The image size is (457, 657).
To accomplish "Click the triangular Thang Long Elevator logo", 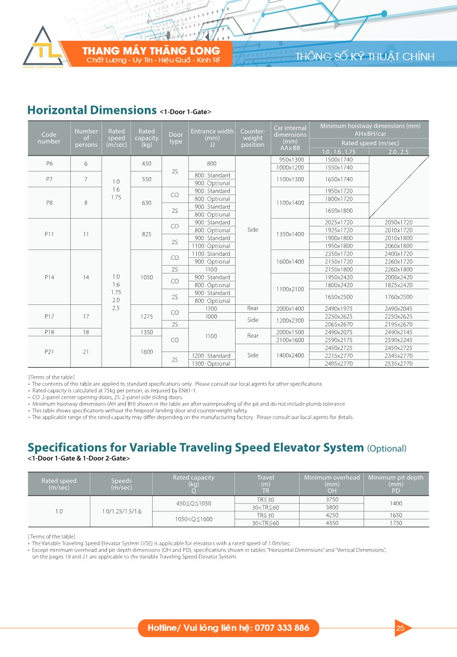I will tap(43, 48).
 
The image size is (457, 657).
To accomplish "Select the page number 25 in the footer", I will tap(400, 628).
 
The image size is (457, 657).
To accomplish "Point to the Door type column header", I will tap(176, 138).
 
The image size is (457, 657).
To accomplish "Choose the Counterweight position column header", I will tap(252, 138).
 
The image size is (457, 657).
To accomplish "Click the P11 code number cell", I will tap(49, 234).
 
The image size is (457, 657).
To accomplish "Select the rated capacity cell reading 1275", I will tap(146, 316).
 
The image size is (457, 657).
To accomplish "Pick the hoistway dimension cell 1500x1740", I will tap(339, 159).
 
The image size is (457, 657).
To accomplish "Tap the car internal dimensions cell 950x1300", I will tap(290, 159).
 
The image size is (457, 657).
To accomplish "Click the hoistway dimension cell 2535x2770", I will tap(399, 364).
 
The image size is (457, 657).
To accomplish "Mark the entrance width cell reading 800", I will tap(211, 163).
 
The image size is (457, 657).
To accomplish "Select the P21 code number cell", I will tap(49, 352).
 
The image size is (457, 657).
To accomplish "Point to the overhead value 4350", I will tap(332, 523).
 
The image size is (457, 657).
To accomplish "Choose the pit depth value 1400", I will tap(396, 503).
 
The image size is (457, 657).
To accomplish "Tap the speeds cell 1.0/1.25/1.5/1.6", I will tap(121, 511).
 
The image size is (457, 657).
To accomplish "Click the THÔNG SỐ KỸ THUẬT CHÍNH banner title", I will tap(365, 57).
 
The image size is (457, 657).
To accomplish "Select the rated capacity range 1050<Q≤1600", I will tap(194, 519).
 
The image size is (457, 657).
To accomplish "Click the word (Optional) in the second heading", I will tap(387, 448).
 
